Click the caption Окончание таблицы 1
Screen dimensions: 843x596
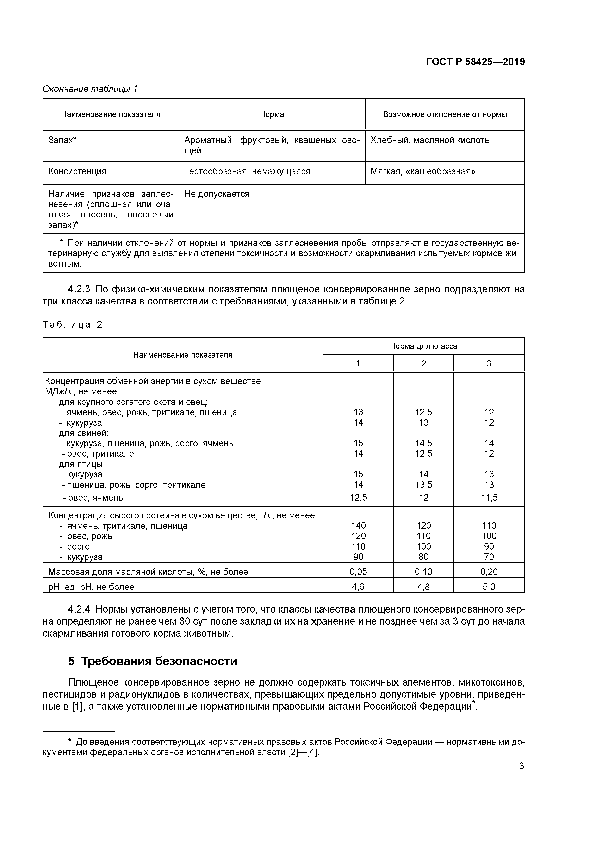point(90,89)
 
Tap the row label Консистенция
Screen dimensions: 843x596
point(77,172)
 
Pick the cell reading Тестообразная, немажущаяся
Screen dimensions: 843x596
point(247,172)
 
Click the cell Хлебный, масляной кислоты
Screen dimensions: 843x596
point(430,140)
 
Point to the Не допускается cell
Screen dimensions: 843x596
point(217,194)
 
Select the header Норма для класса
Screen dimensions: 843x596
point(423,346)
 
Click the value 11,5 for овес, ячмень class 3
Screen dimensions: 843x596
point(489,498)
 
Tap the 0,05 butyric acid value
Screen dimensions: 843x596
point(358,572)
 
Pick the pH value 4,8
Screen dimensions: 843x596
point(423,587)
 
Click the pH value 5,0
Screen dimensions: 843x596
point(489,587)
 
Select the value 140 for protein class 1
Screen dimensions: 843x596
point(358,526)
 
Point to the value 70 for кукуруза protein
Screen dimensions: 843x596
point(489,557)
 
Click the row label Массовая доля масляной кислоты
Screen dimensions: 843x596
point(148,572)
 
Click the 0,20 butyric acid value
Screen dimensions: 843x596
point(489,572)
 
